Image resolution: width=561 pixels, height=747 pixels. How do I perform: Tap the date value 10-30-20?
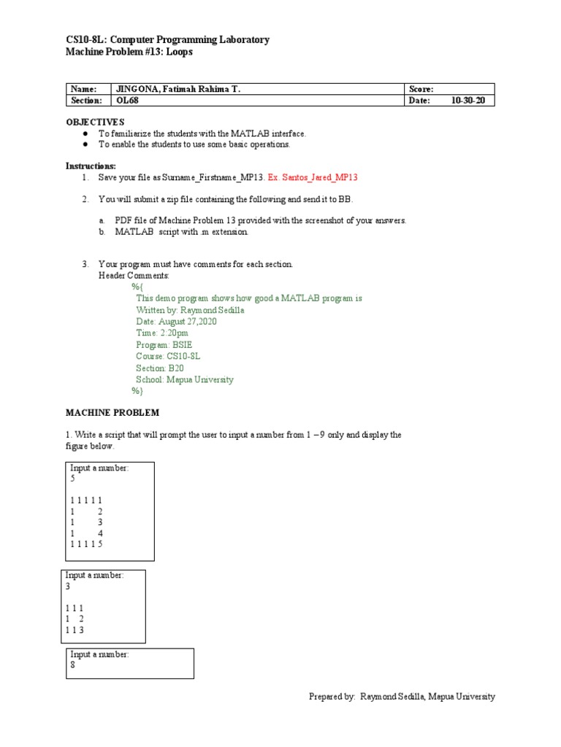point(467,101)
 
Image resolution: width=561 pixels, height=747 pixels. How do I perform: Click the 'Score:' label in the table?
point(421,89)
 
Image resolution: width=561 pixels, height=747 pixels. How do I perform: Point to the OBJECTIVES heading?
point(95,122)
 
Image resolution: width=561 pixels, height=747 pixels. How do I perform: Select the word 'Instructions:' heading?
point(91,166)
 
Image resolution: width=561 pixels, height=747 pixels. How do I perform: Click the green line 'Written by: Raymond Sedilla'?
point(190,310)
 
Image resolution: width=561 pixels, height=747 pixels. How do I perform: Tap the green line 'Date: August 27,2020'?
point(176,322)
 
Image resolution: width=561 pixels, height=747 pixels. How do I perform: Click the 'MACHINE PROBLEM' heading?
point(112,413)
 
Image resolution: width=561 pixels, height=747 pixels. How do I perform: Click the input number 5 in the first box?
point(73,479)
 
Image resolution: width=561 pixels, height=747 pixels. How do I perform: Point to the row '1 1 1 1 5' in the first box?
point(86,544)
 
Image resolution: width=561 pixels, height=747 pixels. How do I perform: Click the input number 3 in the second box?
point(68,587)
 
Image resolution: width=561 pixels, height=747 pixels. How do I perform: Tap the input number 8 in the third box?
point(73,665)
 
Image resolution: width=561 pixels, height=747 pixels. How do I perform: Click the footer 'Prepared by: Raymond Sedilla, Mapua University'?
point(402,697)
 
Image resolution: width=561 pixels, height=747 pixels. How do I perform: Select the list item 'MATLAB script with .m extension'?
point(181,232)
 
